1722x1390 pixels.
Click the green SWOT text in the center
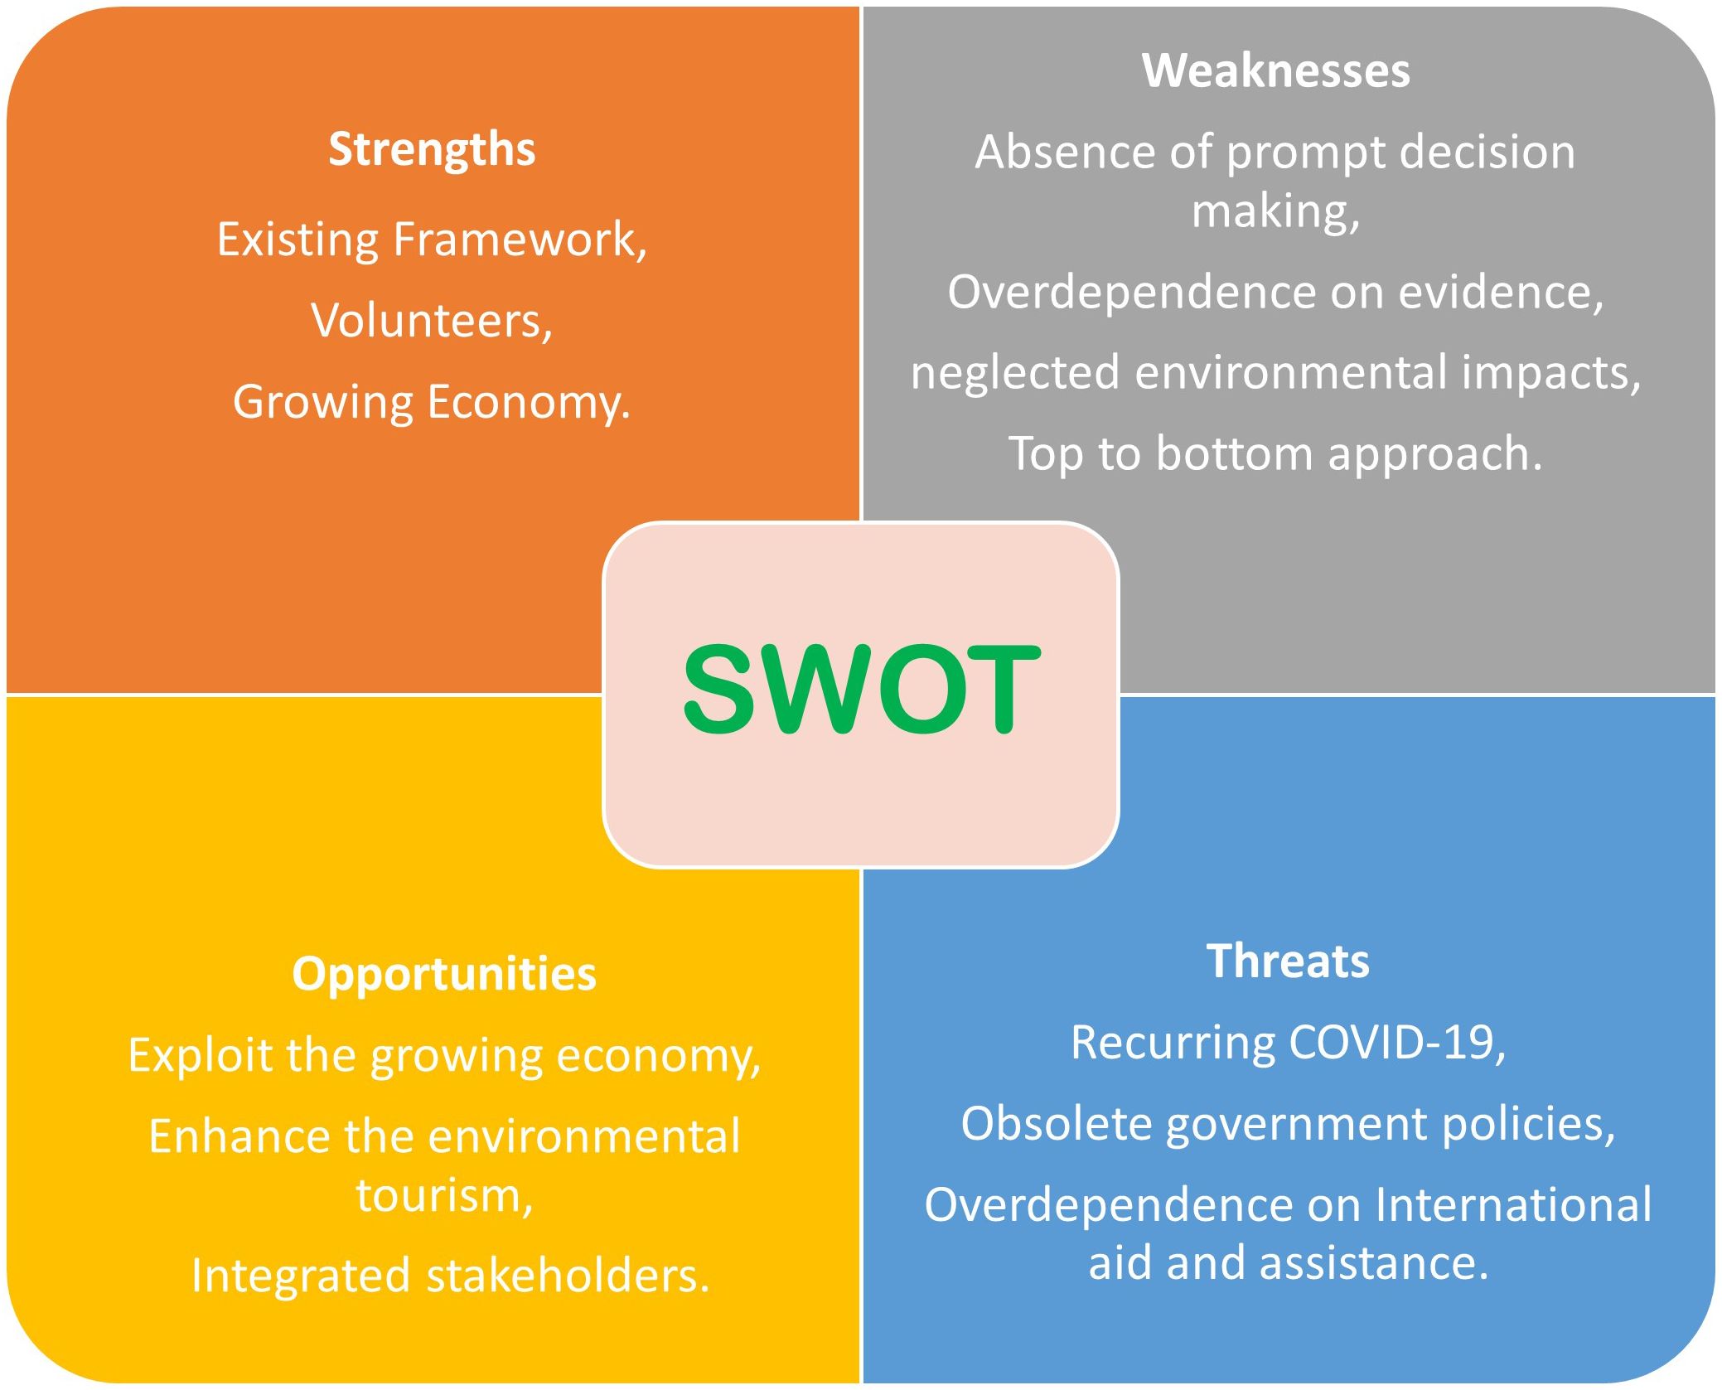861,690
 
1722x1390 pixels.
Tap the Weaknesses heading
1275,70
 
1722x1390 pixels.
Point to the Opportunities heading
444,975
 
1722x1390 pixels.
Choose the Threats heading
1288,961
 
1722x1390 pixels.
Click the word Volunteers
432,321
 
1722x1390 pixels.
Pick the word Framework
520,240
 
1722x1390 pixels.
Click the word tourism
444,1196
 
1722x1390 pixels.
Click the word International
1513,1205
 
